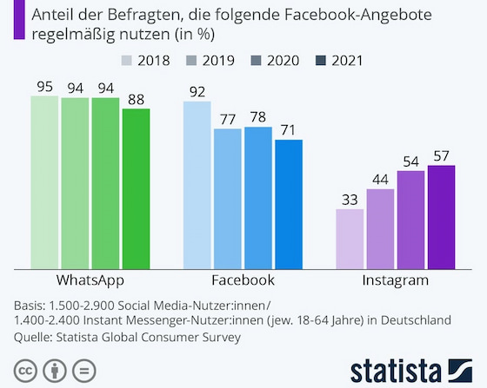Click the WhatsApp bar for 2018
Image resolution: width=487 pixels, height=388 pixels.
coord(43,182)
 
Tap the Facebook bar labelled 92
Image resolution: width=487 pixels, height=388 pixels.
coord(197,185)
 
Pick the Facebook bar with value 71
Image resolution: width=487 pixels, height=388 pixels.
coord(289,204)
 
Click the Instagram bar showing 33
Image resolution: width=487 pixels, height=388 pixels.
coord(350,239)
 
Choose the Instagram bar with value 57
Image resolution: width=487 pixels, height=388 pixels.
coord(442,217)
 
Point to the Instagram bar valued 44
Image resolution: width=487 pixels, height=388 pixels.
coord(380,229)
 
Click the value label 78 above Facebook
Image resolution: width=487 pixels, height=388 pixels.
coord(258,116)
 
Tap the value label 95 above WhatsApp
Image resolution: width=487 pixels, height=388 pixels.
coord(43,86)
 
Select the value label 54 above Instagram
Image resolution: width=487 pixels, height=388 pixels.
coord(411,161)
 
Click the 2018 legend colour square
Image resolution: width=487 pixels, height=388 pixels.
coord(126,61)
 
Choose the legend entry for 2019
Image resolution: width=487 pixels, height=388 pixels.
coord(213,61)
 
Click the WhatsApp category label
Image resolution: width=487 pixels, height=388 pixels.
coord(90,280)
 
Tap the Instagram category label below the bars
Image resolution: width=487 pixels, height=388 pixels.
coord(396,280)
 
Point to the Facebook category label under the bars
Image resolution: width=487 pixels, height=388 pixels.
coord(243,280)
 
